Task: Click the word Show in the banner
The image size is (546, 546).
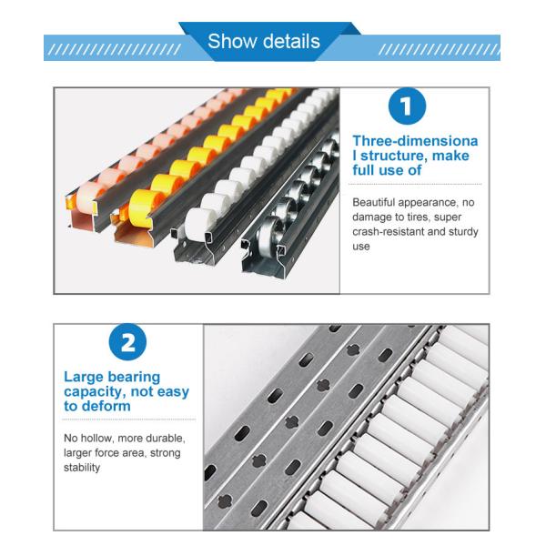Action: point(227,41)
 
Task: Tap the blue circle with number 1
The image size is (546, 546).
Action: point(407,106)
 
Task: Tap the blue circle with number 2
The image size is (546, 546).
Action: point(127,341)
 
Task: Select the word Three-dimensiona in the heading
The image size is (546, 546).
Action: point(415,141)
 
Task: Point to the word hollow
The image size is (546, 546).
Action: point(96,438)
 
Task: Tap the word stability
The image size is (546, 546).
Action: point(82,468)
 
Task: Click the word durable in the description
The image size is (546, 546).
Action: point(165,438)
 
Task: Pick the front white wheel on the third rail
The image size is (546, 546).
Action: point(197,225)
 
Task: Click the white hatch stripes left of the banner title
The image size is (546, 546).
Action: point(115,50)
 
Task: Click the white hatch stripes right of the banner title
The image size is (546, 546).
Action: point(440,50)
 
